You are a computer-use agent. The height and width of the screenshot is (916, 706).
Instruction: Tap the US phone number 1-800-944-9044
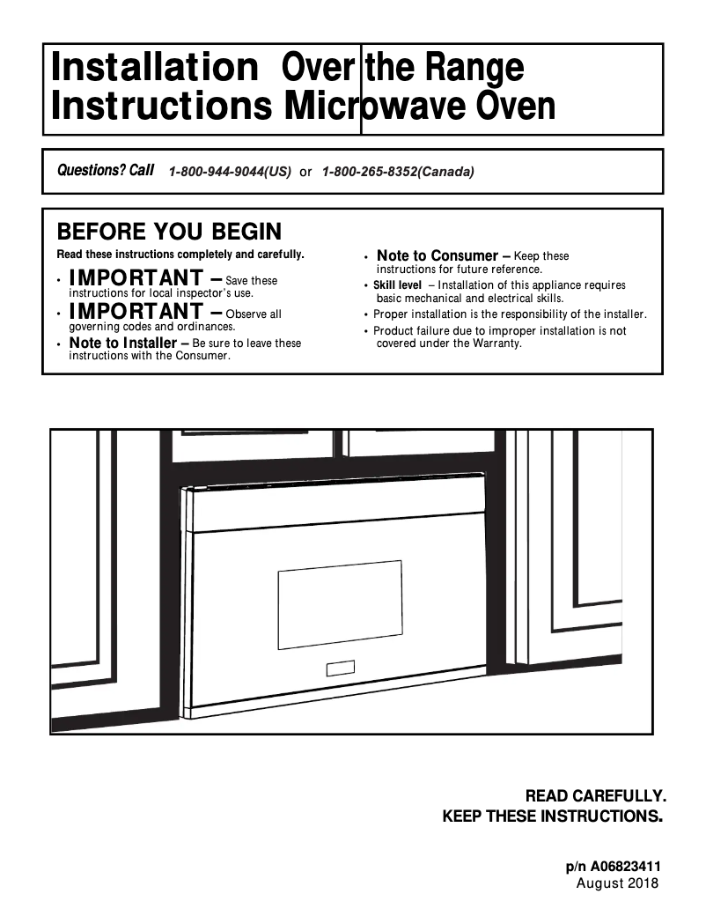click(229, 172)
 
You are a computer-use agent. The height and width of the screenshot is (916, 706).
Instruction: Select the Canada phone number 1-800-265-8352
click(398, 172)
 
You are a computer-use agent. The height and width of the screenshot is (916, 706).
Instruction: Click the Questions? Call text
click(105, 170)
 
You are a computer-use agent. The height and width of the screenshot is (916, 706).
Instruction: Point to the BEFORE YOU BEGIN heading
click(169, 232)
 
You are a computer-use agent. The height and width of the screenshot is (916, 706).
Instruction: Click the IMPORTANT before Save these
click(135, 279)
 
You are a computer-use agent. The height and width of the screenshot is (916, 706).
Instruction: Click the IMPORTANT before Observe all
click(135, 312)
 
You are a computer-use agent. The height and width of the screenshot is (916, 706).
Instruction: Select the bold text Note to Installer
click(122, 343)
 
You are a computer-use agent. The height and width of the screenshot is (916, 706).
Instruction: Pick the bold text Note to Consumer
click(437, 256)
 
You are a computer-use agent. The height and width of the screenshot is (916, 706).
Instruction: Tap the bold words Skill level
click(397, 285)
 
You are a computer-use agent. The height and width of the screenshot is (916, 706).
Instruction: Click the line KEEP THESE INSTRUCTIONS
click(551, 816)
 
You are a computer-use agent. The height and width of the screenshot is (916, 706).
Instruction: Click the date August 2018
click(616, 883)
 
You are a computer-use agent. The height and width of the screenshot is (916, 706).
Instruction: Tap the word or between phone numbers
click(305, 173)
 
